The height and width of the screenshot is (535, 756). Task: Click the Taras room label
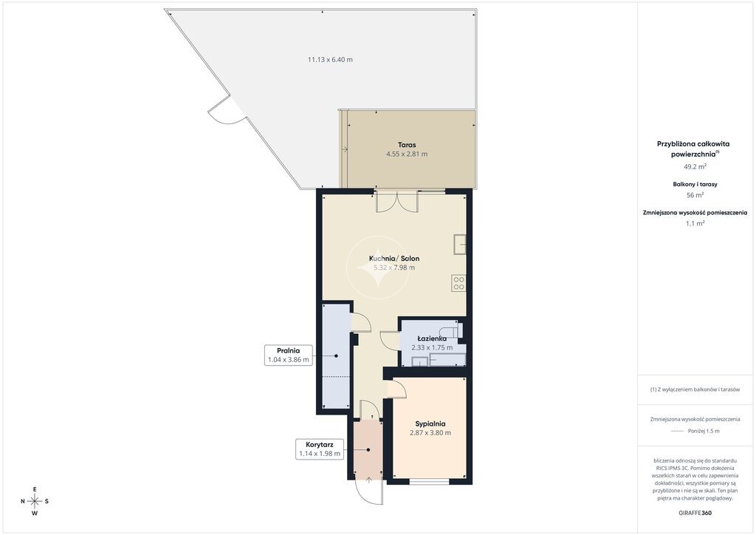pyautogui.click(x=407, y=145)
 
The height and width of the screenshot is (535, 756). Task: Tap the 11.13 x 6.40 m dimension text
pyautogui.click(x=330, y=60)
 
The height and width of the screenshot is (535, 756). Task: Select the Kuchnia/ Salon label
pyautogui.click(x=394, y=259)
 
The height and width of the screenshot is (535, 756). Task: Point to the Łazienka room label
pyautogui.click(x=432, y=338)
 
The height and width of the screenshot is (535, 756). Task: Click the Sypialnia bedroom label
pyautogui.click(x=430, y=424)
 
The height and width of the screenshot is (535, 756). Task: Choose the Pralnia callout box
pyautogui.click(x=289, y=355)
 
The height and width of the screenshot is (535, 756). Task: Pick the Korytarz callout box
pyautogui.click(x=320, y=449)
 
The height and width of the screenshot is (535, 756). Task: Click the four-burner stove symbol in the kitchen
pyautogui.click(x=459, y=283)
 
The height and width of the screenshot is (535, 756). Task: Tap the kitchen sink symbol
pyautogui.click(x=460, y=245)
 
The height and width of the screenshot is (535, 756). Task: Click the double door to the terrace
pyautogui.click(x=396, y=202)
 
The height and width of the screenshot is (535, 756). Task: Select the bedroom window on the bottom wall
pyautogui.click(x=430, y=481)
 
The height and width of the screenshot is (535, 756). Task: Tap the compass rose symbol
pyautogui.click(x=35, y=501)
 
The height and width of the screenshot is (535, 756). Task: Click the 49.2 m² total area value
pyautogui.click(x=695, y=166)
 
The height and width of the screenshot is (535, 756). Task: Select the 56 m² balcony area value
pyautogui.click(x=695, y=195)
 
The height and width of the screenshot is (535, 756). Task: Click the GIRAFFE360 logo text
pyautogui.click(x=695, y=513)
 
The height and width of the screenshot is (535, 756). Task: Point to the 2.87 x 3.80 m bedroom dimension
pyautogui.click(x=430, y=433)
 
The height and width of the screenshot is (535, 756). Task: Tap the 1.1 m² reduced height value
pyautogui.click(x=695, y=223)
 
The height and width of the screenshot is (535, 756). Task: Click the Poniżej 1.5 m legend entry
pyautogui.click(x=704, y=432)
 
